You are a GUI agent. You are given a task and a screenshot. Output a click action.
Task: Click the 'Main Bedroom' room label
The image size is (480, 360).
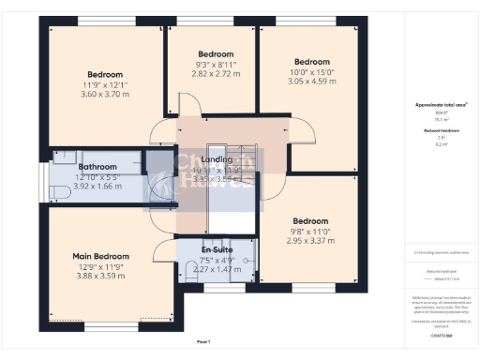point(100,256)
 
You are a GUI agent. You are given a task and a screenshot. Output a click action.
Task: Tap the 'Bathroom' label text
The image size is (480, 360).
point(97,167)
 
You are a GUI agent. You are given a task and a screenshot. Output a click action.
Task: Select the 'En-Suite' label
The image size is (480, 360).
point(217,252)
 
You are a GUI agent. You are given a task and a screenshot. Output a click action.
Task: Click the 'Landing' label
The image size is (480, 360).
point(217,160)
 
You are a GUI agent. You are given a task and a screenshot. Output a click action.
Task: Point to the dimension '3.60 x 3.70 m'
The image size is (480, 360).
point(105,94)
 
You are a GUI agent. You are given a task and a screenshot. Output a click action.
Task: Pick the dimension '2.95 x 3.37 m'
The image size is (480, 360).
point(310,240)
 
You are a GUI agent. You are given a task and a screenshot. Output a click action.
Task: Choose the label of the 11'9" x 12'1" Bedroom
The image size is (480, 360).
point(105,74)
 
